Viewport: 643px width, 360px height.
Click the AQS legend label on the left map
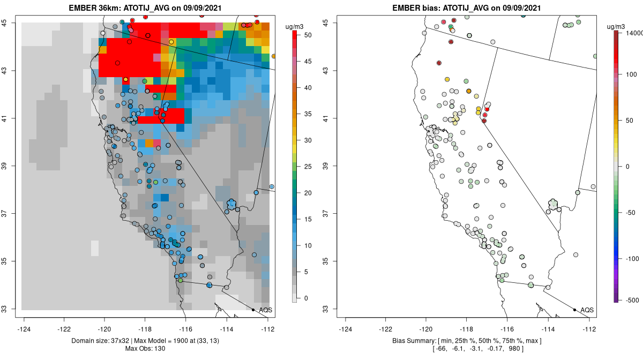pos(266,310)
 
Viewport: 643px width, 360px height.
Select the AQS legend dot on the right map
pos(574,310)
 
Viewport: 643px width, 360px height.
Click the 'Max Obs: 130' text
pos(145,349)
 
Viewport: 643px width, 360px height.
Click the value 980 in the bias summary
pos(515,349)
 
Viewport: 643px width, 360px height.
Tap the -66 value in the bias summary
pos(443,349)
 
